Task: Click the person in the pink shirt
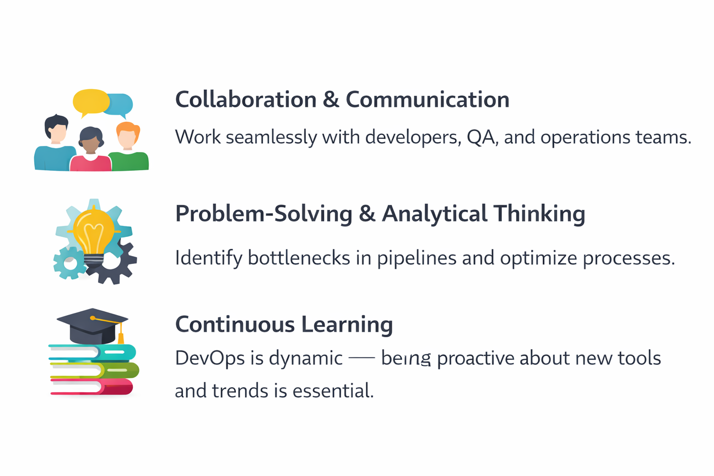91,149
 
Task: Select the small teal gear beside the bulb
69,263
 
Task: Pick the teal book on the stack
93,352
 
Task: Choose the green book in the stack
94,370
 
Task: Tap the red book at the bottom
92,387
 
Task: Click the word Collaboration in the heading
246,100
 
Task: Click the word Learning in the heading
347,325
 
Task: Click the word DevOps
210,358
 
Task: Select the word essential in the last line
333,390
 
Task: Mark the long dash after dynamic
362,358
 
